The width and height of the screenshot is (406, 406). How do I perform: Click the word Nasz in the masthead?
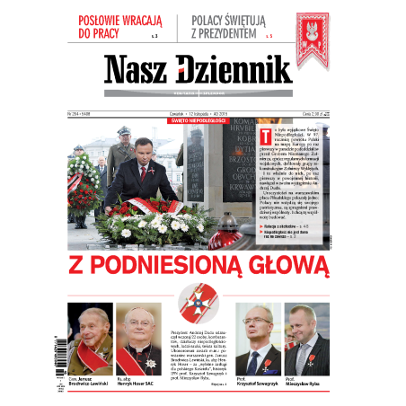(x=143, y=70)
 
